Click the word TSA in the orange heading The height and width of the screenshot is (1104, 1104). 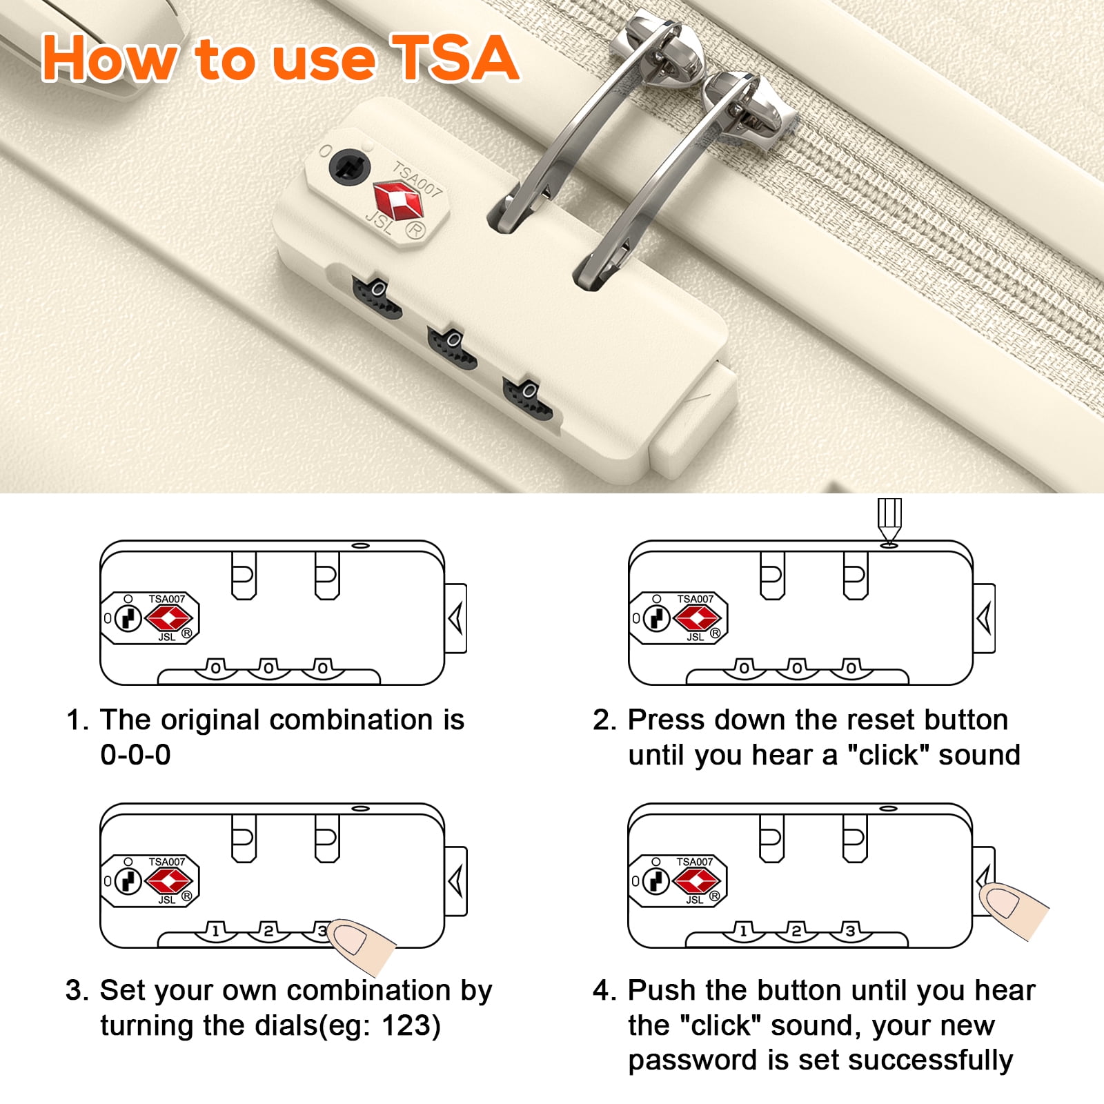pos(454,59)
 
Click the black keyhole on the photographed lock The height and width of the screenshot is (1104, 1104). pos(349,168)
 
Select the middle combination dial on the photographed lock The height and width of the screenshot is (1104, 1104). pos(452,348)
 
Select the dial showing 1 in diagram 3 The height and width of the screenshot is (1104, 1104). pos(216,931)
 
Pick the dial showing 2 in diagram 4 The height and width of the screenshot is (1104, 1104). pos(797,931)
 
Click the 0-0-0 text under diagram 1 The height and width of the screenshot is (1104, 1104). pos(135,755)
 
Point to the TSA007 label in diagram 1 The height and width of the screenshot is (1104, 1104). pos(167,599)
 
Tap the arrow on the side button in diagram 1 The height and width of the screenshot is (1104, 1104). pos(455,618)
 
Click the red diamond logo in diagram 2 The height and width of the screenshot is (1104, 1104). pos(697,618)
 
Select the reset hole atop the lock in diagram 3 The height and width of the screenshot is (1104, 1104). pos(360,808)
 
